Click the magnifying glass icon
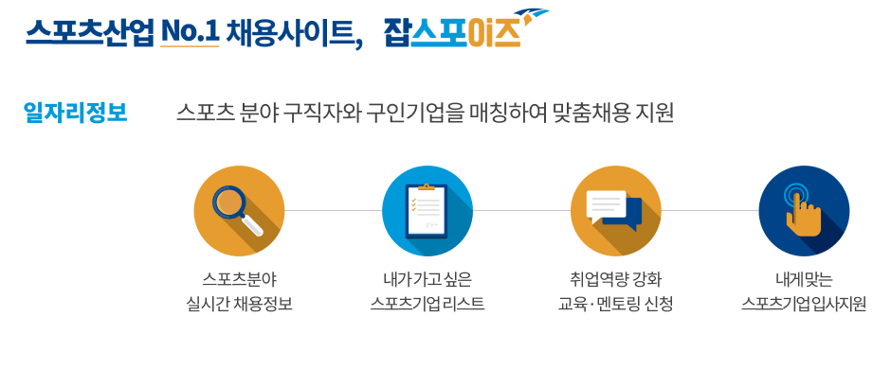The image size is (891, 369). pyautogui.click(x=238, y=210)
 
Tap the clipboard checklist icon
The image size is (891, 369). pyautogui.click(x=427, y=210)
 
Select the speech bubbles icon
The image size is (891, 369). pyautogui.click(x=615, y=210)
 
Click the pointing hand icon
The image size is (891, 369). pyautogui.click(x=804, y=210)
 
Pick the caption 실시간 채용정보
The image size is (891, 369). pyautogui.click(x=239, y=305)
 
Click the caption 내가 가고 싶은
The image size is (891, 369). pyautogui.click(x=427, y=279)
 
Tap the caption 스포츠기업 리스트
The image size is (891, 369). pyautogui.click(x=427, y=305)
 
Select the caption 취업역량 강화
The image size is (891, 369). pyautogui.click(x=615, y=279)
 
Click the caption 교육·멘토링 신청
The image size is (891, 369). pyautogui.click(x=615, y=305)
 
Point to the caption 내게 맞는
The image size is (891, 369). pyautogui.click(x=804, y=279)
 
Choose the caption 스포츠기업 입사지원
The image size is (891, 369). pyautogui.click(x=804, y=305)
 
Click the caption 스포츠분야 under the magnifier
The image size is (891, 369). pyautogui.click(x=239, y=279)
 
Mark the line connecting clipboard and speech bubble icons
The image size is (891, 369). pyautogui.click(x=521, y=210)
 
